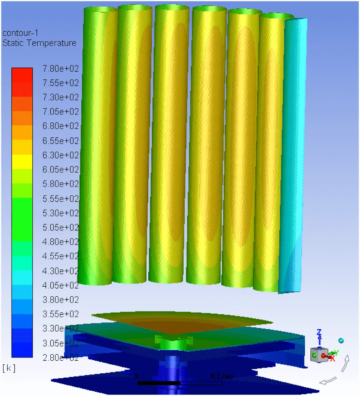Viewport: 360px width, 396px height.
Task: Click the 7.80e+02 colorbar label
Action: [x=61, y=68]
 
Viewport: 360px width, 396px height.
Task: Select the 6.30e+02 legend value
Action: [x=61, y=155]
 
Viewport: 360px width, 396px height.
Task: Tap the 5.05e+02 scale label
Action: [x=61, y=227]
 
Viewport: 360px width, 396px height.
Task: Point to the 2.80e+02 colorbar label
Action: [x=61, y=358]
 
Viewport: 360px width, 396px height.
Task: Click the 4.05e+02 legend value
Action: [x=61, y=285]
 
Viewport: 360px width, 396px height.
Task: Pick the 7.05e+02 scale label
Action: [x=61, y=111]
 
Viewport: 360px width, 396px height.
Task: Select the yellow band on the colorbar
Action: [x=22, y=161]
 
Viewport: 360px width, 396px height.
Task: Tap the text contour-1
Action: [x=20, y=33]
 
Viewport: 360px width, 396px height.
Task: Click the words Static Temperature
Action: [x=40, y=43]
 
